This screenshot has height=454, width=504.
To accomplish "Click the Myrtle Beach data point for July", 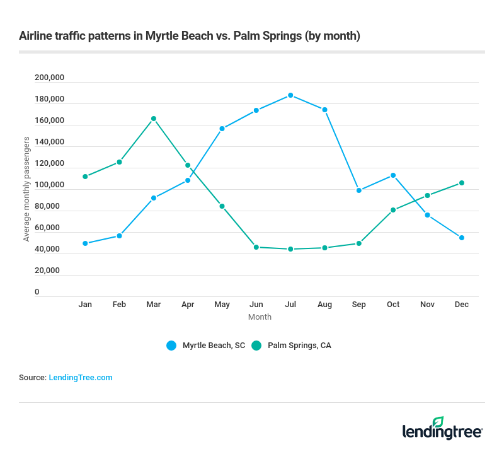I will [x=290, y=95].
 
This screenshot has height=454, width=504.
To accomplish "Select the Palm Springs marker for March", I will [x=153, y=119].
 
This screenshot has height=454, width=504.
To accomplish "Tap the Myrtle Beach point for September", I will [x=359, y=190].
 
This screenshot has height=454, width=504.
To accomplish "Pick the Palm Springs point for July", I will [x=290, y=249].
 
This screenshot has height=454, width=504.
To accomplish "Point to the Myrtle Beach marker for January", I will [x=85, y=243].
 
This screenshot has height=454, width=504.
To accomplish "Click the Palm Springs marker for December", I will [x=462, y=183].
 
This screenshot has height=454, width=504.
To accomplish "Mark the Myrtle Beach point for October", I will [x=393, y=175].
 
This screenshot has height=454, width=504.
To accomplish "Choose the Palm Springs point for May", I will [x=222, y=206].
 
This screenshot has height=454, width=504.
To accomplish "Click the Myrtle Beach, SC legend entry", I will [x=206, y=345].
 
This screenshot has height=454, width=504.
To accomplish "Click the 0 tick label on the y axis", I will [x=37, y=292].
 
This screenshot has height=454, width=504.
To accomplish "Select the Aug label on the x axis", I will [x=324, y=304].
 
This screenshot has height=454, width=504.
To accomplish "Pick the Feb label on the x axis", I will [x=119, y=304].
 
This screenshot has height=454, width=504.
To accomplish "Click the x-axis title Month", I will [x=260, y=317].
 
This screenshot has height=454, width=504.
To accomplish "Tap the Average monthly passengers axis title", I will [x=26, y=189].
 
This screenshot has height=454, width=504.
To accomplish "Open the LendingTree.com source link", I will [x=81, y=377].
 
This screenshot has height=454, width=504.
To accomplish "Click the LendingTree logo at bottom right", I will [x=442, y=429].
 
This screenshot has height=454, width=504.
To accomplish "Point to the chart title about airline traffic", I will [x=190, y=36].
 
